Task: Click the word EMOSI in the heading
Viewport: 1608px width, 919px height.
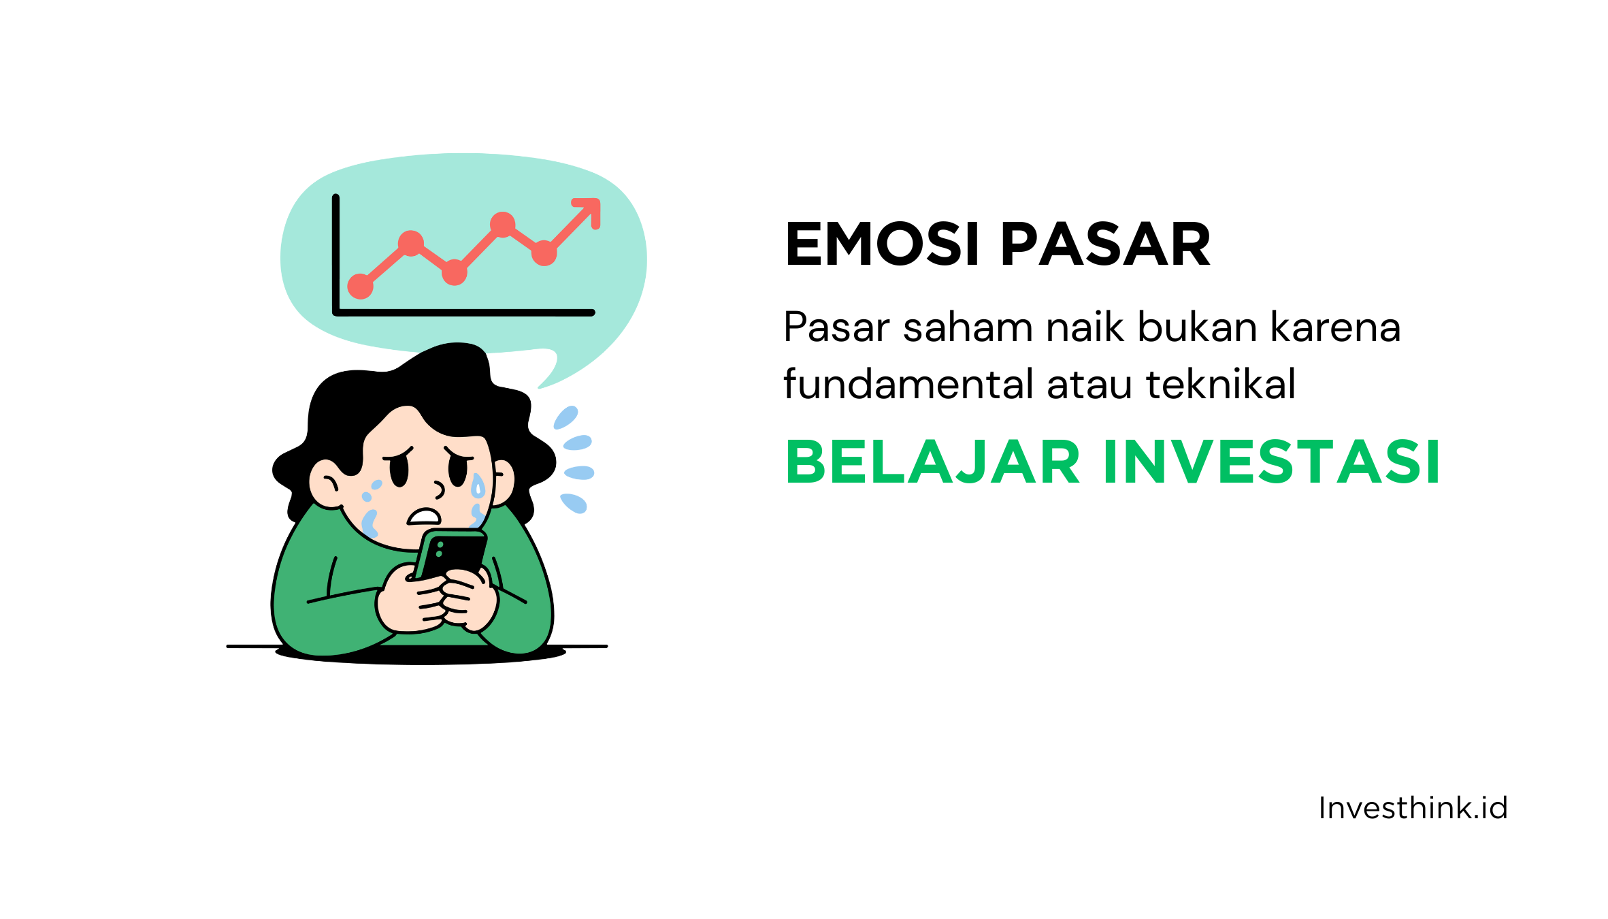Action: click(882, 244)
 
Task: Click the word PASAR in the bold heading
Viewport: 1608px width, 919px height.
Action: click(1105, 244)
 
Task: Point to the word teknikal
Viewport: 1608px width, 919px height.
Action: click(1221, 385)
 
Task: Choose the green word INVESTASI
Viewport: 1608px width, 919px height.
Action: click(1271, 463)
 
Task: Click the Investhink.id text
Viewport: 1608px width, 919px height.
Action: click(1413, 809)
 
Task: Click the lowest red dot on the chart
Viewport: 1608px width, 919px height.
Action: click(360, 287)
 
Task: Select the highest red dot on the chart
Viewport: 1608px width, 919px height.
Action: click(502, 224)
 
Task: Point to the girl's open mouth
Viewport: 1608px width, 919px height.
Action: click(424, 517)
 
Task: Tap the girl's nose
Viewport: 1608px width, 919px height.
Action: click(439, 489)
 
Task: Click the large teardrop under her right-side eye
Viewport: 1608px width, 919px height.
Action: click(478, 486)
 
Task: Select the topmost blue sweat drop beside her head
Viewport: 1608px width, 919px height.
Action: click(565, 417)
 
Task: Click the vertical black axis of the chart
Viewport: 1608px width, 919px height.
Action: click(335, 252)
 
